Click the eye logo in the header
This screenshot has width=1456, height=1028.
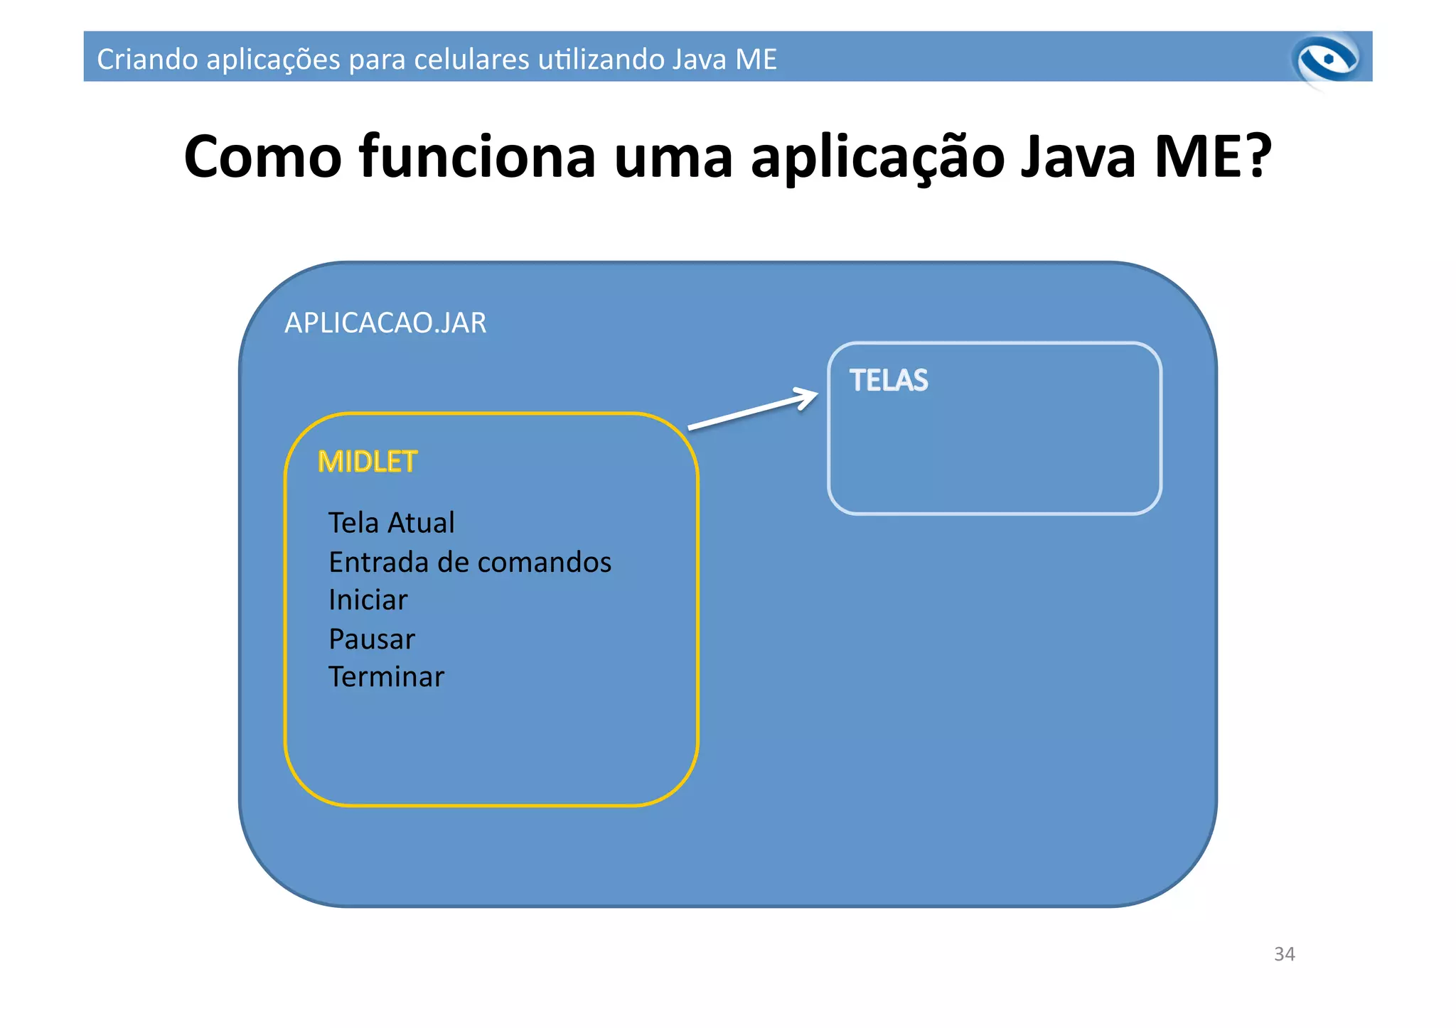pos(1327,60)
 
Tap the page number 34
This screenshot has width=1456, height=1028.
pos(1284,954)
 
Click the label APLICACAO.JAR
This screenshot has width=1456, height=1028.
pos(385,323)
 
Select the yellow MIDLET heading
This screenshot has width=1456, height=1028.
pos(367,462)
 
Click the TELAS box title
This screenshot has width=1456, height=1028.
pos(889,381)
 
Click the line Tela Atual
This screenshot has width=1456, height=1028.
pos(391,523)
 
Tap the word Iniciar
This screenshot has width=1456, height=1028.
pos(368,600)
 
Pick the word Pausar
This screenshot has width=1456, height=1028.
pos(371,639)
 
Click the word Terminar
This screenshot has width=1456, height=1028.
pos(386,677)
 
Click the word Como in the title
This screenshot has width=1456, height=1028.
pos(262,157)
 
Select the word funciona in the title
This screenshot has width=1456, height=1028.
pos(477,157)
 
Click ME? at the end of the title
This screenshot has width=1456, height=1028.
pos(1213,157)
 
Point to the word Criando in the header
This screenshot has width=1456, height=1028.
pos(147,59)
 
